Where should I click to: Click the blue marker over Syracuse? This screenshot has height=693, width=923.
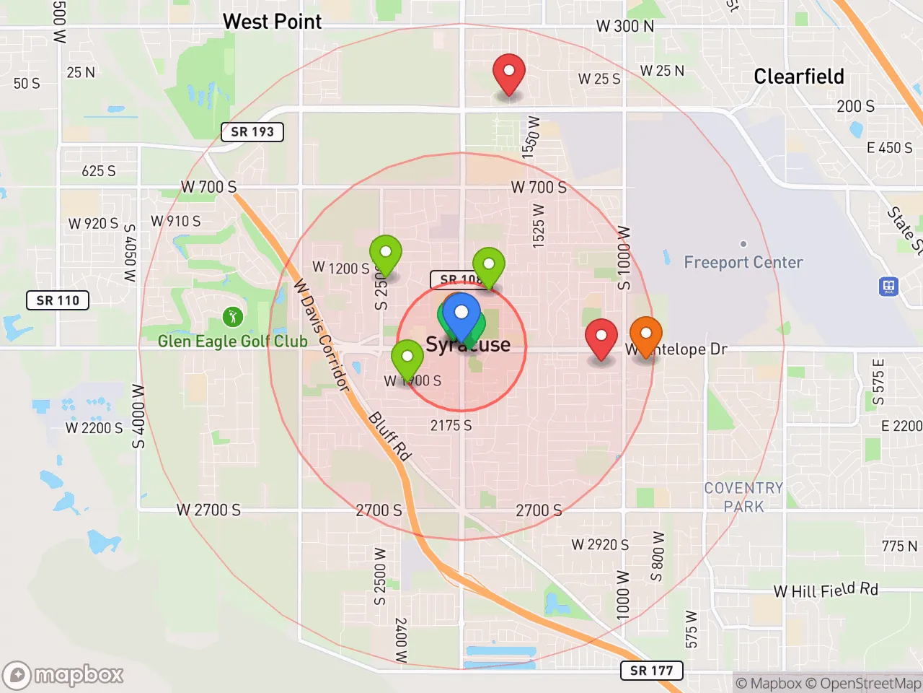pos(461,315)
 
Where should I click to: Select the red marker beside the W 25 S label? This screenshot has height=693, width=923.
pos(509,73)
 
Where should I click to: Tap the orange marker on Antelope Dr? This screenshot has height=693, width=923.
pos(646,336)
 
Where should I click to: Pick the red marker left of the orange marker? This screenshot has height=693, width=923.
pos(601,337)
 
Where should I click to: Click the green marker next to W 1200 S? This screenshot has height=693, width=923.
pos(386,254)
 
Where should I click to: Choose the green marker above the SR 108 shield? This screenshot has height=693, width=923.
pos(489,266)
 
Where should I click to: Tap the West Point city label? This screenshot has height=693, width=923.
pos(272,22)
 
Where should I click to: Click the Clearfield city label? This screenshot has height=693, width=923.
pos(798,77)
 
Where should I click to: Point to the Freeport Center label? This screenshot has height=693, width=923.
pos(743,262)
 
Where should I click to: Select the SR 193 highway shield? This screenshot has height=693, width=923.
pos(252,131)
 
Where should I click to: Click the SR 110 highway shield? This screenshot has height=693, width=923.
pos(58,300)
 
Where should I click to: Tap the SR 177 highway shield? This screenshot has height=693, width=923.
pos(651,671)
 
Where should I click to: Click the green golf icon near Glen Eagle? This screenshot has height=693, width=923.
pos(232,316)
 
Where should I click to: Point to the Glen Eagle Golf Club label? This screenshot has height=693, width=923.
pos(232,341)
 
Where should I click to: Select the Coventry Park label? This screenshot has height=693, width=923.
pos(743,497)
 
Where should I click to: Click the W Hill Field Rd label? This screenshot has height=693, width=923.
pos(826,590)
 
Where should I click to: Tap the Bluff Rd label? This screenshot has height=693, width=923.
pos(390,435)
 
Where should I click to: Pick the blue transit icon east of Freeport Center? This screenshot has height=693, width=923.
pos(888,287)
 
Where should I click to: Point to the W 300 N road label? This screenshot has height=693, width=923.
pos(624,26)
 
